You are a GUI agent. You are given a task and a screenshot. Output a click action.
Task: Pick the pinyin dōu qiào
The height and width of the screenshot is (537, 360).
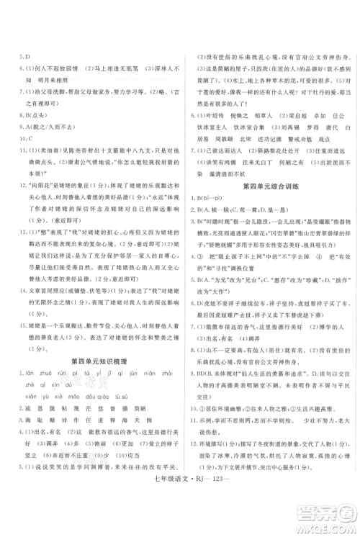click(x=103, y=376)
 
